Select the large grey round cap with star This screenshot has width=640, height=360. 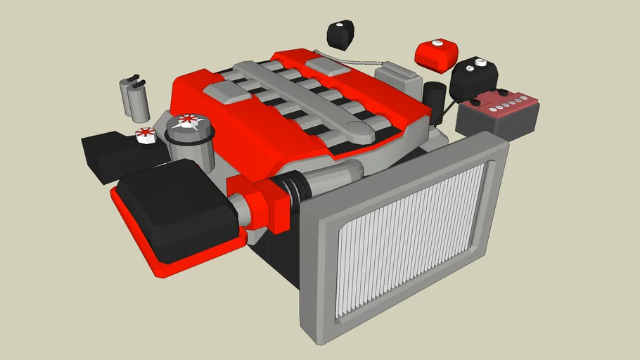(x=188, y=127)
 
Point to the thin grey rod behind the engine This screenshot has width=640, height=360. (x=345, y=60)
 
